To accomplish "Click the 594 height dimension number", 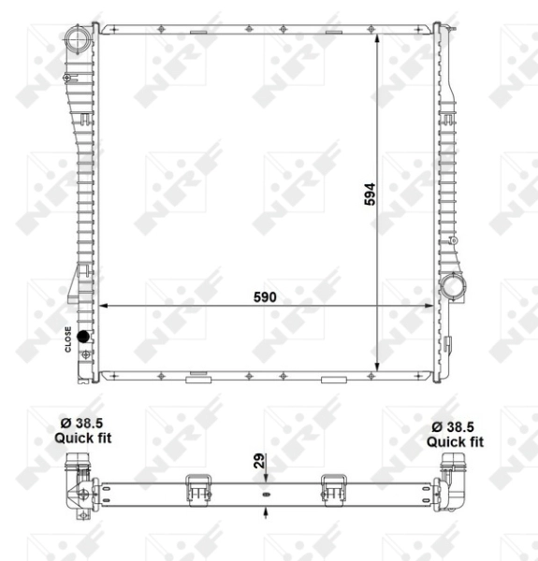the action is pos(370,194).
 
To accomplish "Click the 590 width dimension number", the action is pos(265,297).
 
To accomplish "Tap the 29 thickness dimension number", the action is pos(259,461).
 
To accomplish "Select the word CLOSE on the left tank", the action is pos(68,339).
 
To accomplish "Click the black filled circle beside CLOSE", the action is pos(83,336).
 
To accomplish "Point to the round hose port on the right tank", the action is pos(454,286).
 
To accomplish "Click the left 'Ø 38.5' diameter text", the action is pos(81,423).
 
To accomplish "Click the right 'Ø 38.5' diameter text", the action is pos(453,427).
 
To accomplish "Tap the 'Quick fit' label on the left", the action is pos(83,438).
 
